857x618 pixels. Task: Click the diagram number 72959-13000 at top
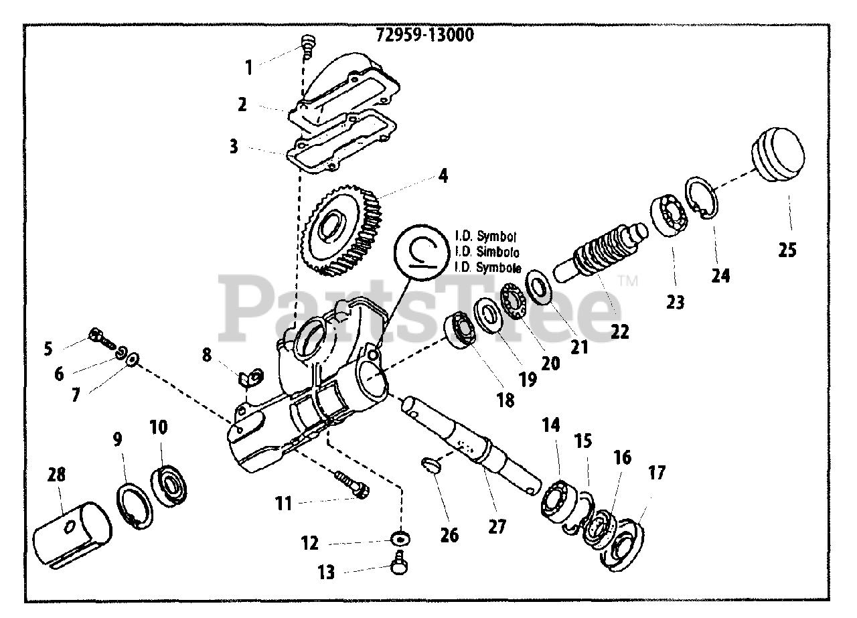(424, 35)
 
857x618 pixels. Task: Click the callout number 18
(505, 400)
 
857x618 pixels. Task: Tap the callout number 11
(285, 502)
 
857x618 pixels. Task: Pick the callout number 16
(622, 457)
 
